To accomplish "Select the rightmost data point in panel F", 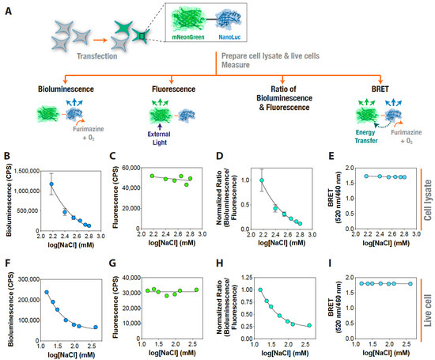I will pyautogui.click(x=96, y=327).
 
